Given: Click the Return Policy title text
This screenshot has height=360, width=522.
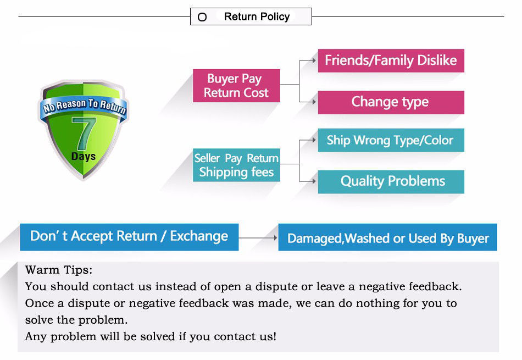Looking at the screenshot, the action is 257,16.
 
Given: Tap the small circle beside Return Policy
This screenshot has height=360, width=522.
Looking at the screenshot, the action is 202,17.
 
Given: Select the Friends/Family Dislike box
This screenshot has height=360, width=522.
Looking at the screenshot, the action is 391,60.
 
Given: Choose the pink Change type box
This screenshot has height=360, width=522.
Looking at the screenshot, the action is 391,102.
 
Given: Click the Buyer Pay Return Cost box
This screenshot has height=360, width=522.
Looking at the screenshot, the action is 236,86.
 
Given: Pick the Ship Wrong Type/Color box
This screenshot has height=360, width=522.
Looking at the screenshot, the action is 391,140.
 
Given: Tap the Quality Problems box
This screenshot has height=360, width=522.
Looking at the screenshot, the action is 391,181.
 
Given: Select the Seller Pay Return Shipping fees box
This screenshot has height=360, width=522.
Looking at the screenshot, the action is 236,165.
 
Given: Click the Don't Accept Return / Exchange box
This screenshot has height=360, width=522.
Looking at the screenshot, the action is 129,237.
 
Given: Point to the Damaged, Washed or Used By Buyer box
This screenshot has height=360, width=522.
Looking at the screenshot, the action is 387,237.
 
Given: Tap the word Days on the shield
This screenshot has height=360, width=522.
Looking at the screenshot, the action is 84,156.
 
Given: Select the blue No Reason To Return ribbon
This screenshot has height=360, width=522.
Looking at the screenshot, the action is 85,107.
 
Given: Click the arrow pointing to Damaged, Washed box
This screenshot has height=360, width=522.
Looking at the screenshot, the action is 258,237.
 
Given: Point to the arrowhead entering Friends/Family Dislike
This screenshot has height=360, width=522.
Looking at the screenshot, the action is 314,60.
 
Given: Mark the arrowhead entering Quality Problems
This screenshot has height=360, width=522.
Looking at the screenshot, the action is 314,181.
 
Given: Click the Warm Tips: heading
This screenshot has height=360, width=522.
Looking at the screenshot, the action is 59,269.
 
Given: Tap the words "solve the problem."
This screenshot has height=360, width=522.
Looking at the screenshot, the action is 76,320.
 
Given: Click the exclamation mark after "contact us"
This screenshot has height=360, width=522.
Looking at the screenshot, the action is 274,336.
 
